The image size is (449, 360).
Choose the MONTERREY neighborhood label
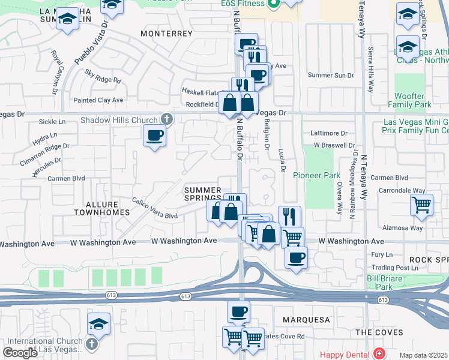tap(166, 34)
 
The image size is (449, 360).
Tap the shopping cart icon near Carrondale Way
tap(421, 205)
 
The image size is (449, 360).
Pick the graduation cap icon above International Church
tap(98, 323)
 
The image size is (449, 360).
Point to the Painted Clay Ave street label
tap(98, 100)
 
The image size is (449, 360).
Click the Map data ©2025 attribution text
tap(424, 355)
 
